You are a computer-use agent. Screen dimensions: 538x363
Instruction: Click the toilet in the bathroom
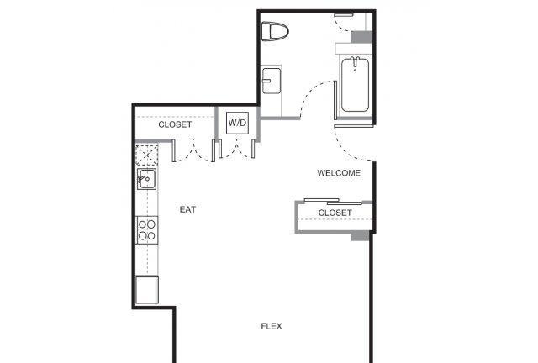pos(275,32)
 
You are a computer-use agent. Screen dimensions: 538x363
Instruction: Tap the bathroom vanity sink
pos(272,81)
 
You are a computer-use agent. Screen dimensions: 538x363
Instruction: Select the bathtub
pos(355,85)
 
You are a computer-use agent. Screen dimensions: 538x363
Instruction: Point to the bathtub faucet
pos(355,61)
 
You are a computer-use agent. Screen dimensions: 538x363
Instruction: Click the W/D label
pos(237,123)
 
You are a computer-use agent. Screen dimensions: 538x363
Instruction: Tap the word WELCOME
pos(339,173)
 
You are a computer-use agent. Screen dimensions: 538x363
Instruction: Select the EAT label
pos(187,209)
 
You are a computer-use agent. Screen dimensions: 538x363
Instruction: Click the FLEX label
pos(272,326)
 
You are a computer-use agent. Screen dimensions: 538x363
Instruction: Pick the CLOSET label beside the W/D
pos(175,124)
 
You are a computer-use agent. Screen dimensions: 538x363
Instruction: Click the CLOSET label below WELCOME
pos(335,213)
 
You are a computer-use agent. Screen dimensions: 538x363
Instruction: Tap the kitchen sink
pos(146,179)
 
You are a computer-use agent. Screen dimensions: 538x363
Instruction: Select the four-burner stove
pos(147,230)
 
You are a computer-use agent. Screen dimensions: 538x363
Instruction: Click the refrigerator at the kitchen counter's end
pos(147,290)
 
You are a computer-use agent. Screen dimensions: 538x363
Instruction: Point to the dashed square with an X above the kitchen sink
pos(147,155)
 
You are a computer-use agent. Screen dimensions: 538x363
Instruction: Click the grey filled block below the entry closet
pos(360,236)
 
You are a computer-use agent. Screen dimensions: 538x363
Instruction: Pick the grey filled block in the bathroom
pos(361,37)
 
